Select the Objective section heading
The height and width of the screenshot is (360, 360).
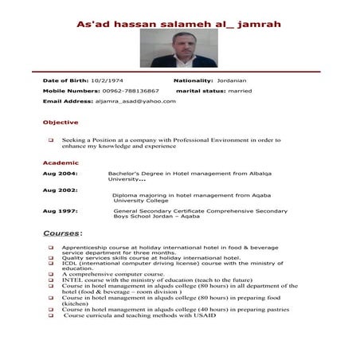[x=60, y=122]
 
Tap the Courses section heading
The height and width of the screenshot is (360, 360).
[x=61, y=233]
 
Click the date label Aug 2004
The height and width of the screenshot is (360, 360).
[x=60, y=172]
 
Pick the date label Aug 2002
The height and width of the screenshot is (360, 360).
[x=60, y=191]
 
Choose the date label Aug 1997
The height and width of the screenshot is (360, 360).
[x=60, y=210]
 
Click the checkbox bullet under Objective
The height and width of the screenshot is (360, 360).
[x=51, y=140]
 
